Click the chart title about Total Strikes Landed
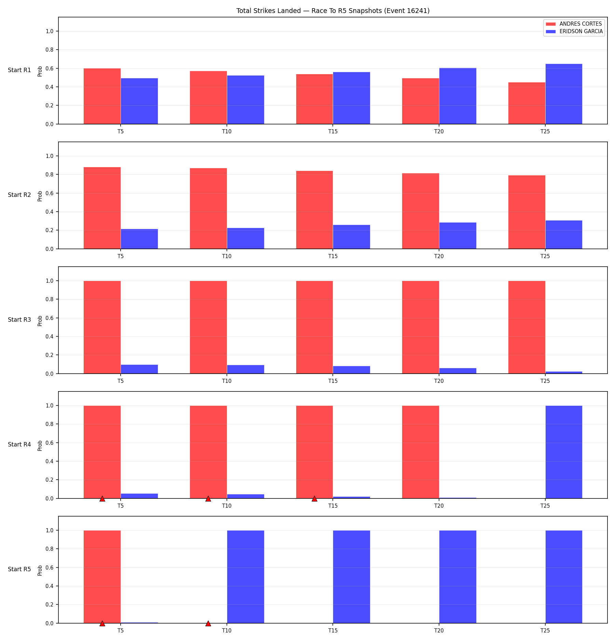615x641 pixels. click(x=333, y=11)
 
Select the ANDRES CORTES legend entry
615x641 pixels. click(x=574, y=24)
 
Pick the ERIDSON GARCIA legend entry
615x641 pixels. click(x=574, y=31)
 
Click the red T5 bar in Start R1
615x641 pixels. click(x=102, y=96)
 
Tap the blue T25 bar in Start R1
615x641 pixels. click(x=564, y=94)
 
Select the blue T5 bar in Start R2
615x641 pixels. click(x=139, y=239)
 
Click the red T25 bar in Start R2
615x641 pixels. click(x=527, y=212)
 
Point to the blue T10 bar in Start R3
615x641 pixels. click(x=246, y=369)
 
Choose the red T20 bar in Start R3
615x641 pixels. click(x=421, y=327)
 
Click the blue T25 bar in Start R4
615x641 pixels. click(x=564, y=452)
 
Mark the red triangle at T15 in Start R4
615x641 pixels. click(x=314, y=499)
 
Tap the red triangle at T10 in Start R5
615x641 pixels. click(x=208, y=624)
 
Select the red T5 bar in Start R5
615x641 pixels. click(x=102, y=577)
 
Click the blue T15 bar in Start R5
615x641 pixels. click(x=352, y=577)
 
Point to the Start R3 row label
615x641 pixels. click(x=19, y=320)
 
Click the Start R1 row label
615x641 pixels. click(x=19, y=70)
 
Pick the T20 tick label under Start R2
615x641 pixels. click(x=439, y=256)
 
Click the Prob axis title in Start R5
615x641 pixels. click(x=40, y=570)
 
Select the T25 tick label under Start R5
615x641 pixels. click(x=545, y=630)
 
